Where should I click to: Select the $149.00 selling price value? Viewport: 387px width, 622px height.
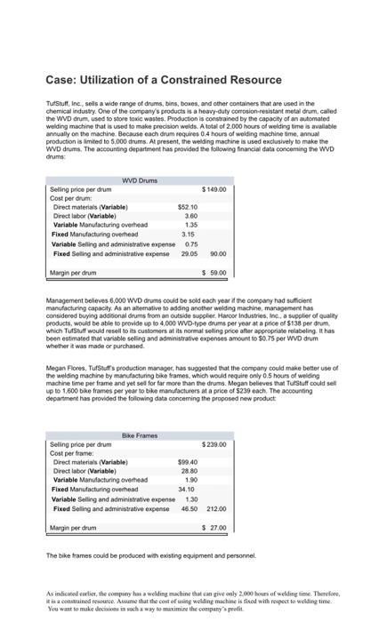[214, 189]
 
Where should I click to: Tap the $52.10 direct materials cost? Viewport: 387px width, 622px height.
[187, 207]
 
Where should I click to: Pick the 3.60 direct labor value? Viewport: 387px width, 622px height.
[190, 216]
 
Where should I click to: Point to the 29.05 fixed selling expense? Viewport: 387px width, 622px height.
[189, 253]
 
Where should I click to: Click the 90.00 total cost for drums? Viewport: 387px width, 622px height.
[217, 253]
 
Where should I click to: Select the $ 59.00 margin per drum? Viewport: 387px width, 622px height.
[214, 273]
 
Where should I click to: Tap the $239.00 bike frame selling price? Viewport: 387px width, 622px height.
[214, 444]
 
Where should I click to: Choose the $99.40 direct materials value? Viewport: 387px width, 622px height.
[187, 462]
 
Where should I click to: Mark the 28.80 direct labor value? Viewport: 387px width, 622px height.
[189, 471]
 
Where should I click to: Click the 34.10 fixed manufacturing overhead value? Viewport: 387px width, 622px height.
[186, 490]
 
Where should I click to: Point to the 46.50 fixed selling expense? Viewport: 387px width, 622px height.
[189, 508]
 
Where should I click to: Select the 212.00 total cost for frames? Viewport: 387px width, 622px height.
[215, 508]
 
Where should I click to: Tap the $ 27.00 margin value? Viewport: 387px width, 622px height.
[214, 528]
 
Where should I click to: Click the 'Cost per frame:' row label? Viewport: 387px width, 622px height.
[72, 453]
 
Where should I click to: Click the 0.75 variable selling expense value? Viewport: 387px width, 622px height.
[190, 243]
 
